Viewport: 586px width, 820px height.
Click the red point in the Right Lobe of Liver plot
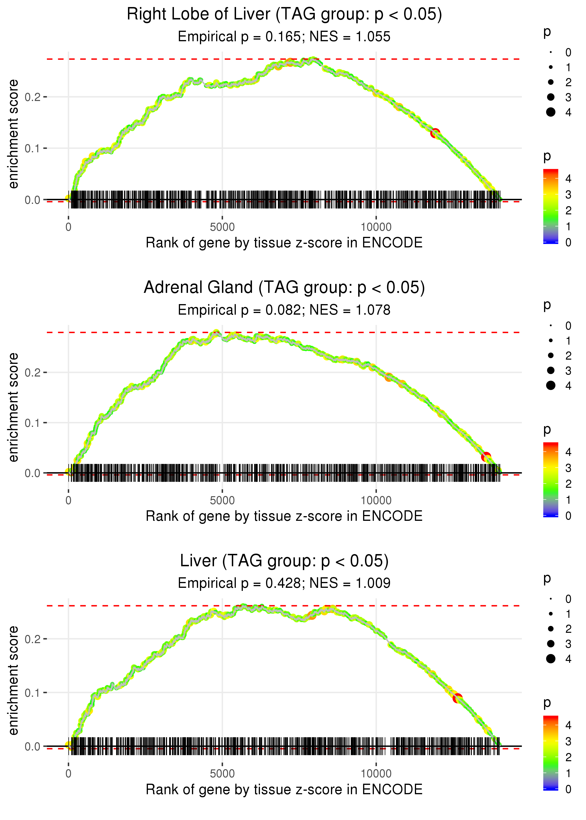[x=435, y=133]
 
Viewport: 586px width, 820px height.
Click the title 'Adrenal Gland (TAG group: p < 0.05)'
[x=284, y=287]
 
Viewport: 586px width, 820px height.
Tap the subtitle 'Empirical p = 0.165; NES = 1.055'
[x=284, y=37]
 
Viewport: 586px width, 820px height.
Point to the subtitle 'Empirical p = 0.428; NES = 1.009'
[x=284, y=583]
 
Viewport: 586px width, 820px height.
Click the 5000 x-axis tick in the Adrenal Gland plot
[x=222, y=500]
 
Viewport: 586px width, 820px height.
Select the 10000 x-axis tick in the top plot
[x=376, y=227]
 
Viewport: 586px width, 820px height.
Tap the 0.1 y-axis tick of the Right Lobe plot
[x=33, y=148]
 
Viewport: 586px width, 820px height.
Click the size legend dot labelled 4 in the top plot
[x=551, y=112]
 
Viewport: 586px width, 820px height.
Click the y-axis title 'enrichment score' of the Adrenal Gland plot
[x=13, y=407]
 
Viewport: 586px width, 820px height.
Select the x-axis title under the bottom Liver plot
[x=284, y=789]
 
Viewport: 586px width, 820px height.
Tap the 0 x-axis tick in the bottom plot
[x=68, y=773]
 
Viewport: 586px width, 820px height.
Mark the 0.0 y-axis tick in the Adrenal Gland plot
[x=33, y=473]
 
